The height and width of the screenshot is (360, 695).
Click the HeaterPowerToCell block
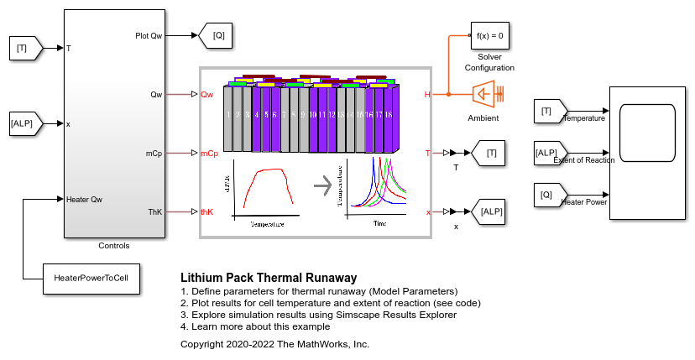(91, 277)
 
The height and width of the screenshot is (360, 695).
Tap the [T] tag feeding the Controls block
(22, 49)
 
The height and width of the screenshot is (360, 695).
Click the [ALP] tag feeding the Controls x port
(24, 124)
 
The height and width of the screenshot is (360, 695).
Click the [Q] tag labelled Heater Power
(547, 194)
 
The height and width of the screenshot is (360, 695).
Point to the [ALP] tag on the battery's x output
(490, 211)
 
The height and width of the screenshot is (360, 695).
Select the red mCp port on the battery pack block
(208, 154)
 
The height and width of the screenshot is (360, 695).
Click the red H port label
(427, 95)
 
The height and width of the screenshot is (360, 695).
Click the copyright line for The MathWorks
(274, 344)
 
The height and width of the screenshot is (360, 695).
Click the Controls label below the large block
(114, 246)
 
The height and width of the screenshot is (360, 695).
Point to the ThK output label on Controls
(154, 211)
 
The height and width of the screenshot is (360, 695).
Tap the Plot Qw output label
(149, 35)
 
